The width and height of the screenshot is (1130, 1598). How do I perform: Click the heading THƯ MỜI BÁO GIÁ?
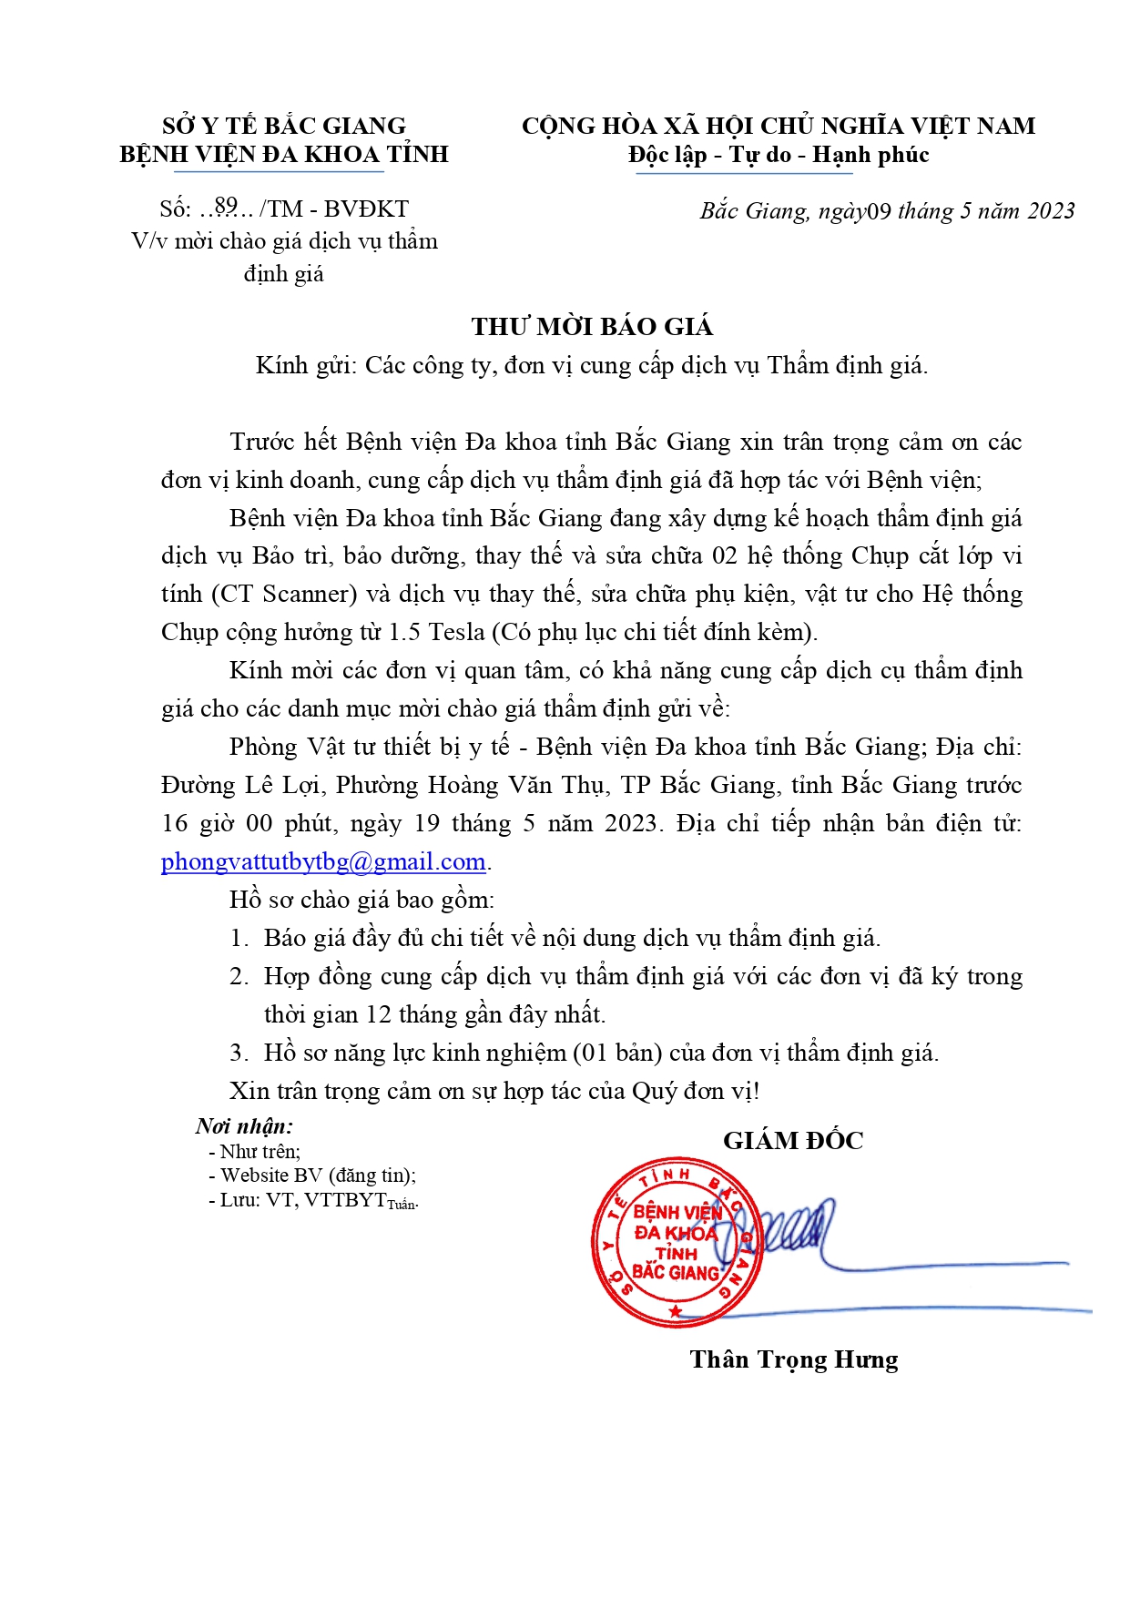592,327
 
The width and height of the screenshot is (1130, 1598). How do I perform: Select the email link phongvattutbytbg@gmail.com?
323,861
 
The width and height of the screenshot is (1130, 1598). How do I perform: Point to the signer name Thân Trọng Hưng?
793,1359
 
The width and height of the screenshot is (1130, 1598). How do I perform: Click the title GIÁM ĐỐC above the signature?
793,1140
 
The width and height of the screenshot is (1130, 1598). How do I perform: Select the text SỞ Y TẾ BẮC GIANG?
284,126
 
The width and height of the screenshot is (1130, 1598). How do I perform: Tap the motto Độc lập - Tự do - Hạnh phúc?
779,155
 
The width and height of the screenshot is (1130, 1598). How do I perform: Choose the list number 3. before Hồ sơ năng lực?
239,1053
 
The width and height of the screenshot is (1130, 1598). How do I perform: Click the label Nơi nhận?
244,1126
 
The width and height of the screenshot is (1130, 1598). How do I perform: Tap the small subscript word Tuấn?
402,1205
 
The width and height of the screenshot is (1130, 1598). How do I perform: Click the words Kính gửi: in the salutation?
306,366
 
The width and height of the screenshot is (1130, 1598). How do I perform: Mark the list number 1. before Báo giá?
239,939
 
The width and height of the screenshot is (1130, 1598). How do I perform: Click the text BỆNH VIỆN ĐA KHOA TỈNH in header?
284,154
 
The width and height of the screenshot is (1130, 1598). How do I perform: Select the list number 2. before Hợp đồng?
239,977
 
